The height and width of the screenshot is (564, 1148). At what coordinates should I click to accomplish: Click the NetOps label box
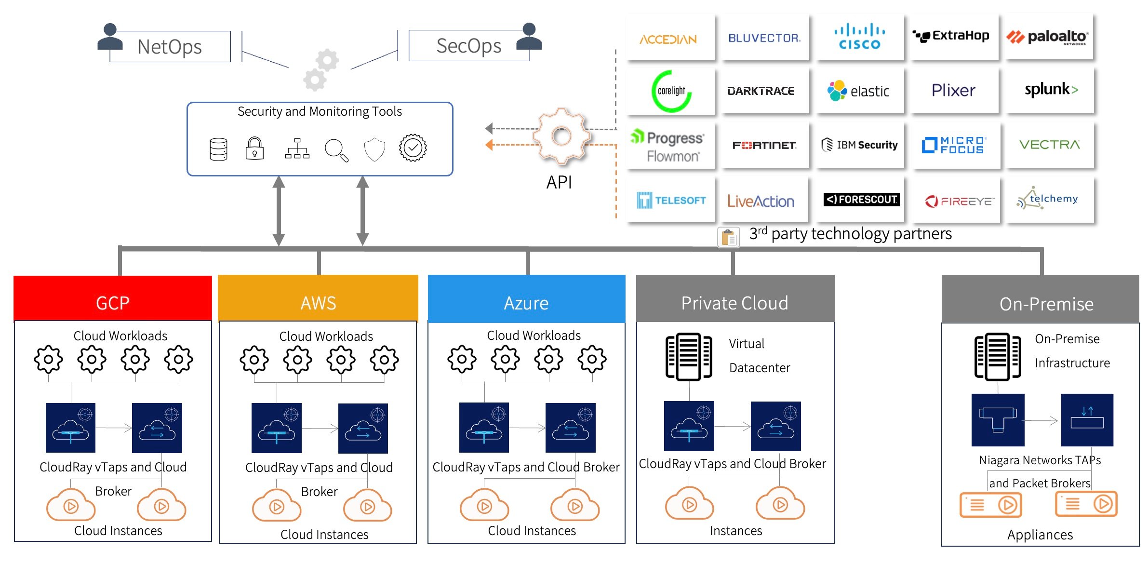(x=170, y=47)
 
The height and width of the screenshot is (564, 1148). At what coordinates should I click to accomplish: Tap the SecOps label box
(x=468, y=46)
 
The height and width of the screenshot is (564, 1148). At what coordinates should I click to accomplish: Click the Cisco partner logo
(x=860, y=37)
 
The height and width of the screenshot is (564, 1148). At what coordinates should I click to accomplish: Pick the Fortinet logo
(x=764, y=145)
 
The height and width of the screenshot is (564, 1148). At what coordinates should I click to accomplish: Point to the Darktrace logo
(x=761, y=91)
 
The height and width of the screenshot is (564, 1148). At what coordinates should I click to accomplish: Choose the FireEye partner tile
(x=958, y=201)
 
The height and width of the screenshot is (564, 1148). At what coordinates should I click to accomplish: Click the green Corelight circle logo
(x=671, y=91)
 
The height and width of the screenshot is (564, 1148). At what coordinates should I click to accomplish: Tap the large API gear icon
(x=561, y=136)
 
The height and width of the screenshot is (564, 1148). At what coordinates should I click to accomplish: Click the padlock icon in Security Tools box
(x=254, y=148)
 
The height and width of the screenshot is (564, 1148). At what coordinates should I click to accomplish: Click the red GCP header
(x=113, y=302)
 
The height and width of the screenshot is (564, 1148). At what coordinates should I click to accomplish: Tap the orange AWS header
(x=318, y=302)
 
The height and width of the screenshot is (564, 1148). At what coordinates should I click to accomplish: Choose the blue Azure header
(x=526, y=302)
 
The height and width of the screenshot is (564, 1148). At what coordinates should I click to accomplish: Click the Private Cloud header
(x=734, y=302)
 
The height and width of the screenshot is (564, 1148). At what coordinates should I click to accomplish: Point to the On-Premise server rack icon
(x=997, y=357)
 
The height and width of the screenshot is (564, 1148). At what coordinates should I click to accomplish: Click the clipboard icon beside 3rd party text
(x=729, y=237)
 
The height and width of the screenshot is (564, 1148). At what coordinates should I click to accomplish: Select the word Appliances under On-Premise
(x=1040, y=535)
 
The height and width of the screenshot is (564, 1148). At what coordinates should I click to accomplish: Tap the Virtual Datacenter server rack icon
(x=689, y=357)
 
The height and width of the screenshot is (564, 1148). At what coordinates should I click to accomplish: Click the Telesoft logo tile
(x=671, y=200)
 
